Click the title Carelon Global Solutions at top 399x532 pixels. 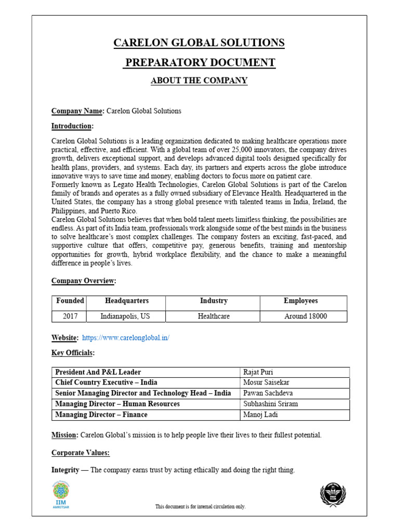199,43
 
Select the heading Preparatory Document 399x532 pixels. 199,63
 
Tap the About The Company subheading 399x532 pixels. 199,81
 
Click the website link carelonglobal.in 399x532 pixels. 126,338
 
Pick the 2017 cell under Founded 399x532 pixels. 70,316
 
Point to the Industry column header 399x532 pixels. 214,301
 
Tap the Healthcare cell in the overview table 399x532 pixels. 214,316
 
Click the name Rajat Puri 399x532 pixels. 258,372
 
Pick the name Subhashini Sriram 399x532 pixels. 270,404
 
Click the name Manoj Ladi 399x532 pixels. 260,415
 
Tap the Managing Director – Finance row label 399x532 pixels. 101,415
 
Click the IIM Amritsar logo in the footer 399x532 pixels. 61,495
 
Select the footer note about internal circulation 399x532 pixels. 200,507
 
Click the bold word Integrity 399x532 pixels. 65,470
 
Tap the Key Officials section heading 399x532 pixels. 73,353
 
